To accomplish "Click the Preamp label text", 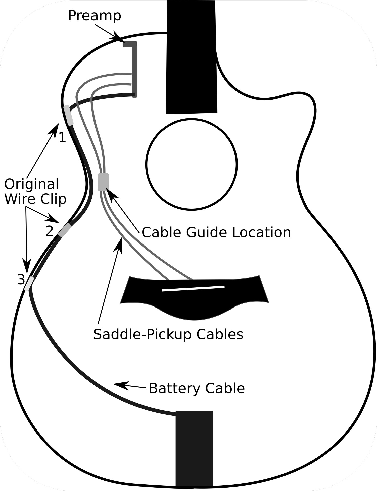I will pyautogui.click(x=95, y=16).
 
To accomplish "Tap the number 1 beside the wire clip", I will pyautogui.click(x=62, y=138).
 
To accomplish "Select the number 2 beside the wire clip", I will pyautogui.click(x=50, y=231).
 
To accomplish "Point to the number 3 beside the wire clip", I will pyautogui.click(x=21, y=279).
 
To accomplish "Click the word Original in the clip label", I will pyautogui.click(x=32, y=184).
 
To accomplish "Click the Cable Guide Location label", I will pyautogui.click(x=216, y=232).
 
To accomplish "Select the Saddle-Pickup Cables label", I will pyautogui.click(x=168, y=334).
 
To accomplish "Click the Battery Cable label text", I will pyautogui.click(x=197, y=388).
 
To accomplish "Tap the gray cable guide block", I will pyautogui.click(x=103, y=182).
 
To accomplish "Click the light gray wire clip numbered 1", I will pyautogui.click(x=68, y=115).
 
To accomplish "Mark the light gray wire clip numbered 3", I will pyautogui.click(x=29, y=283).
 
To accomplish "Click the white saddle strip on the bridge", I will pyautogui.click(x=193, y=288).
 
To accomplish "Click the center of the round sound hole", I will pyautogui.click(x=192, y=164).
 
